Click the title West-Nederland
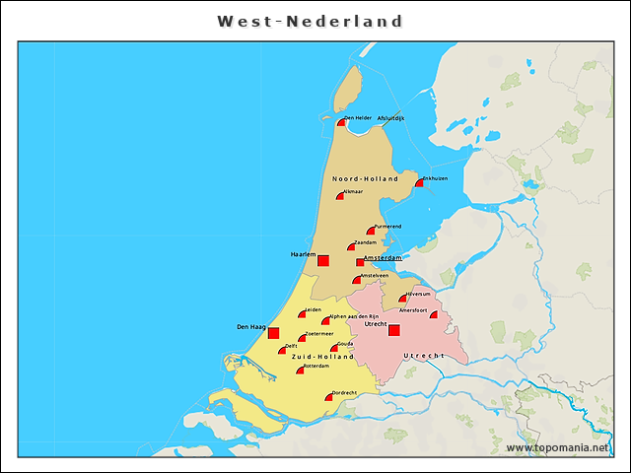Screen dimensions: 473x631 [x=310, y=21]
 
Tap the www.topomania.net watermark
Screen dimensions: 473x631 [x=557, y=448]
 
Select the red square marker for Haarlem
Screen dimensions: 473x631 [x=322, y=260]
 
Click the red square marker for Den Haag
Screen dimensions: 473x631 [x=274, y=333]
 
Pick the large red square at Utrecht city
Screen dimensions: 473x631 [x=393, y=330]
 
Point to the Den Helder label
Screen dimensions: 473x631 [x=358, y=118]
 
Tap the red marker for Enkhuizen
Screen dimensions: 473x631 [x=418, y=182]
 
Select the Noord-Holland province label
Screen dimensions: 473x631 [x=365, y=179]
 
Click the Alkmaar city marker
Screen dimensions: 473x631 [x=340, y=196]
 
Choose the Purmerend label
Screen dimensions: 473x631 [x=387, y=226]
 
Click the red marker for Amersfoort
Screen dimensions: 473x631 [x=434, y=315]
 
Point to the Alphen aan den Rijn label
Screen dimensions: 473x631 [x=355, y=316]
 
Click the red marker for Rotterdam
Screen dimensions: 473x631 [x=301, y=371]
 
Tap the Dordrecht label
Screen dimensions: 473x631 [x=343, y=392]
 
